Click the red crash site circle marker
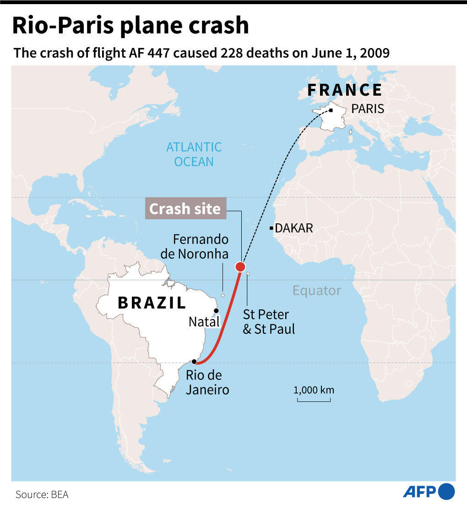point(240,267)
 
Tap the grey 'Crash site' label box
point(185,209)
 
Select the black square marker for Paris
point(331,110)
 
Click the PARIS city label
point(367,109)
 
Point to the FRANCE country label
point(344,90)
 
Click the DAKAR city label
point(293,228)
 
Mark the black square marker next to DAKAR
point(272,228)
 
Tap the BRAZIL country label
point(152,303)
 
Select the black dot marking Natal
point(216,311)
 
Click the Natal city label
point(204,322)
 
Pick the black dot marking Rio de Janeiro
point(194,362)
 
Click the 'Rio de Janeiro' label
point(207,383)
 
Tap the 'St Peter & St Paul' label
point(269,322)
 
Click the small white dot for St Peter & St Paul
point(248,274)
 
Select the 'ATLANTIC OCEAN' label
point(194,154)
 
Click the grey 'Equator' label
point(317,290)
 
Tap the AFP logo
point(429,492)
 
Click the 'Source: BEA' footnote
point(42,494)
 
